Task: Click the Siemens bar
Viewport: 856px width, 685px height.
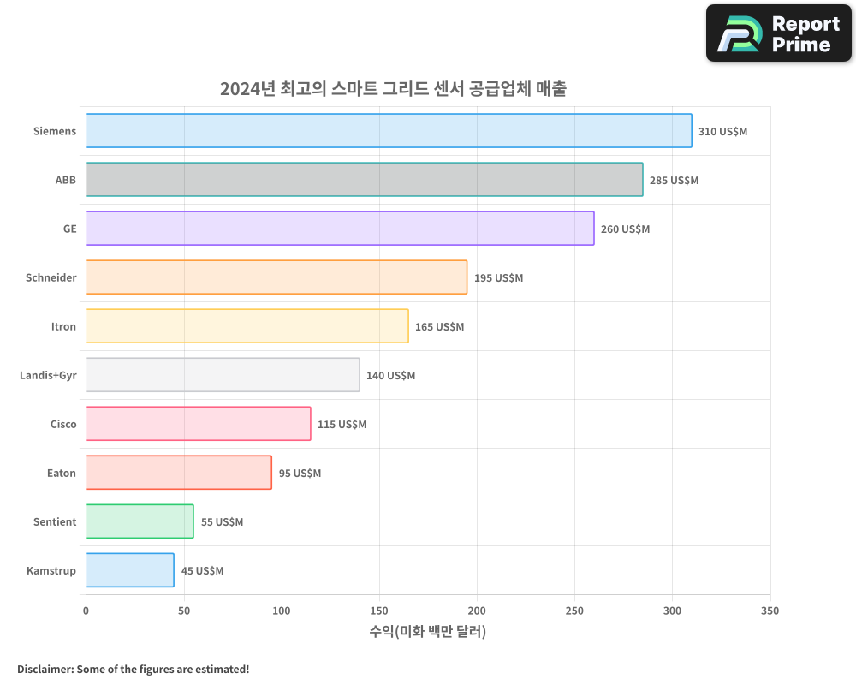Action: click(x=389, y=131)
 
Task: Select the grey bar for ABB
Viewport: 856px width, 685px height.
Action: click(x=364, y=180)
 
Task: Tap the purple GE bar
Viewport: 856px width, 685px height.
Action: click(x=340, y=229)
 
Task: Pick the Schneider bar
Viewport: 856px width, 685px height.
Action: click(x=276, y=277)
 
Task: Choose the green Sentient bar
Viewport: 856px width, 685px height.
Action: click(x=140, y=521)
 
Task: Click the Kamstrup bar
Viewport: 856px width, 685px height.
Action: click(x=130, y=570)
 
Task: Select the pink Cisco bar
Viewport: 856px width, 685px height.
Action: click(x=198, y=424)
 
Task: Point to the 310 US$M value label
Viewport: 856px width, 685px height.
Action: click(x=722, y=132)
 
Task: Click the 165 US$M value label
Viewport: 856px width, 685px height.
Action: click(x=439, y=327)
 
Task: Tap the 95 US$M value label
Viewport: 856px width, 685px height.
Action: click(x=300, y=474)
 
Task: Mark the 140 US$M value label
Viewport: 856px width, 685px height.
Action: click(x=390, y=376)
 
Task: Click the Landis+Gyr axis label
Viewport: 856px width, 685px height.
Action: click(x=48, y=375)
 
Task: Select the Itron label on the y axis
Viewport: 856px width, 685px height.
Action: click(x=63, y=326)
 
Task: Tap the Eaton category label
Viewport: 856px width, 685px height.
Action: click(x=62, y=473)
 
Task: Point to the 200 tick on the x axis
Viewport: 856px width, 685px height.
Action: click(x=477, y=611)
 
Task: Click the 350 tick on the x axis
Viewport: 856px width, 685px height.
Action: click(x=770, y=611)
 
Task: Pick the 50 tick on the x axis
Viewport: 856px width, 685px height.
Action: click(x=183, y=611)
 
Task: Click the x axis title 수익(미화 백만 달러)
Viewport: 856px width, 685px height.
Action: click(x=428, y=632)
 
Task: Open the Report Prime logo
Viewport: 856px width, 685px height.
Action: click(x=778, y=33)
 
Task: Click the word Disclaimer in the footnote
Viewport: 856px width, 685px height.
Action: click(x=44, y=669)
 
